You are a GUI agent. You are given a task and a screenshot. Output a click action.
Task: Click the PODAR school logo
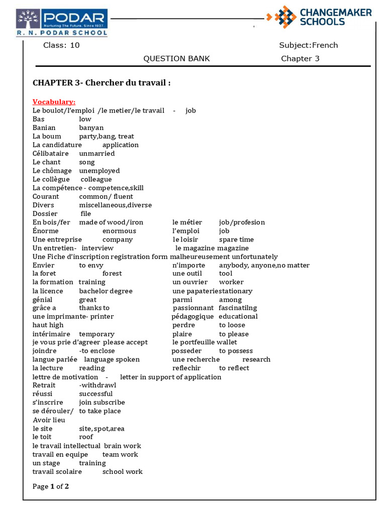point(62,23)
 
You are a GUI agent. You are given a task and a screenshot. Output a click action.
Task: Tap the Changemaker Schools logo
point(320,17)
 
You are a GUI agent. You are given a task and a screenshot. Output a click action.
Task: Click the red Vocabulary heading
point(54,102)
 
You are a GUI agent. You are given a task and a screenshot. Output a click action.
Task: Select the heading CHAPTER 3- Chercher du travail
point(102,83)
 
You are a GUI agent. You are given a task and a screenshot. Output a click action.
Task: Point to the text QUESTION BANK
point(176,59)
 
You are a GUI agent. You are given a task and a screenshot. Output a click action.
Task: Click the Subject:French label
point(308,45)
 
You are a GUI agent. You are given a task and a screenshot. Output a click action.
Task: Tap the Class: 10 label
point(61,45)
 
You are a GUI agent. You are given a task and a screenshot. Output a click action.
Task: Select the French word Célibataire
point(52,154)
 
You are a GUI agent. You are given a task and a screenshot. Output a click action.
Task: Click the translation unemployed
point(100,171)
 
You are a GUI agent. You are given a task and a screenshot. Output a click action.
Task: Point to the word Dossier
point(45,214)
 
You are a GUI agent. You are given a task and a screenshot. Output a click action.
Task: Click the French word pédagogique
point(192,317)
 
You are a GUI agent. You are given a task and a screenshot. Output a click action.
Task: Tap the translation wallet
point(227,342)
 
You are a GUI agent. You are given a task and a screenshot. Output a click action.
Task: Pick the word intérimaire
point(52,334)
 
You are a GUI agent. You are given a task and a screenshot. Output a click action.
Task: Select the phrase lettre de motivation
point(65,377)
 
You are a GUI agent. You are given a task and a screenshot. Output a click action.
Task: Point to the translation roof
point(86,437)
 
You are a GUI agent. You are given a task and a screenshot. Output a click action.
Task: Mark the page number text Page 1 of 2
point(51,486)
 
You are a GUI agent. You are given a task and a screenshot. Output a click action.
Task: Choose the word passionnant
point(194,308)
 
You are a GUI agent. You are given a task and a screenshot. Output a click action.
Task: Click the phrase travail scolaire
point(57,472)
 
